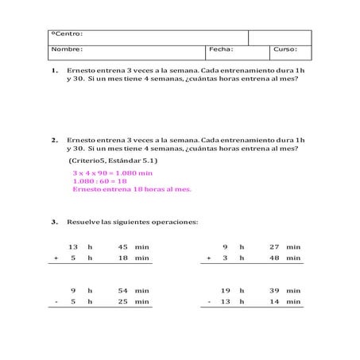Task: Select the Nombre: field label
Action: pos(68,49)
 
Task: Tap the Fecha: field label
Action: pos(221,49)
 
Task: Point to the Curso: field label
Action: pos(285,49)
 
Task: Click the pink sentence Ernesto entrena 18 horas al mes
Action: pos(132,189)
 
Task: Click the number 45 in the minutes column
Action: pos(122,247)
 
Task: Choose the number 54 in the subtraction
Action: pos(122,291)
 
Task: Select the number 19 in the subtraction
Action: pos(225,291)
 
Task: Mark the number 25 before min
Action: pos(122,302)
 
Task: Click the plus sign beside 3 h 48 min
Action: pos(208,258)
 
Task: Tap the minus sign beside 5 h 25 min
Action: pos(56,302)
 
